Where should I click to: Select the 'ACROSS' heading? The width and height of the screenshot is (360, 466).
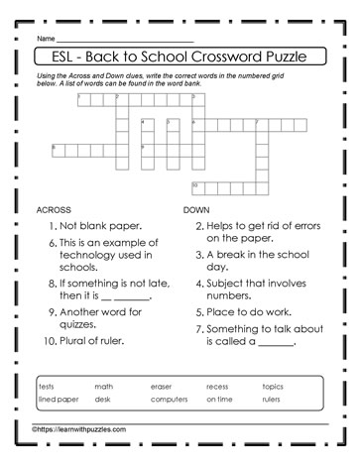[54, 211]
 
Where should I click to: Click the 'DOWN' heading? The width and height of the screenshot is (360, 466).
[197, 211]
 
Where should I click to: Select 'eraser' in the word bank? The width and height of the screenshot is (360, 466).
[161, 385]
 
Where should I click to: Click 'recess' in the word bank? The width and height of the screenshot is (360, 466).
[217, 385]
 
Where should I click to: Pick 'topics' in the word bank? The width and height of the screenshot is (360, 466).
[272, 385]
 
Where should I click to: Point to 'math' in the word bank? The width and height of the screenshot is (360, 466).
[104, 385]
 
